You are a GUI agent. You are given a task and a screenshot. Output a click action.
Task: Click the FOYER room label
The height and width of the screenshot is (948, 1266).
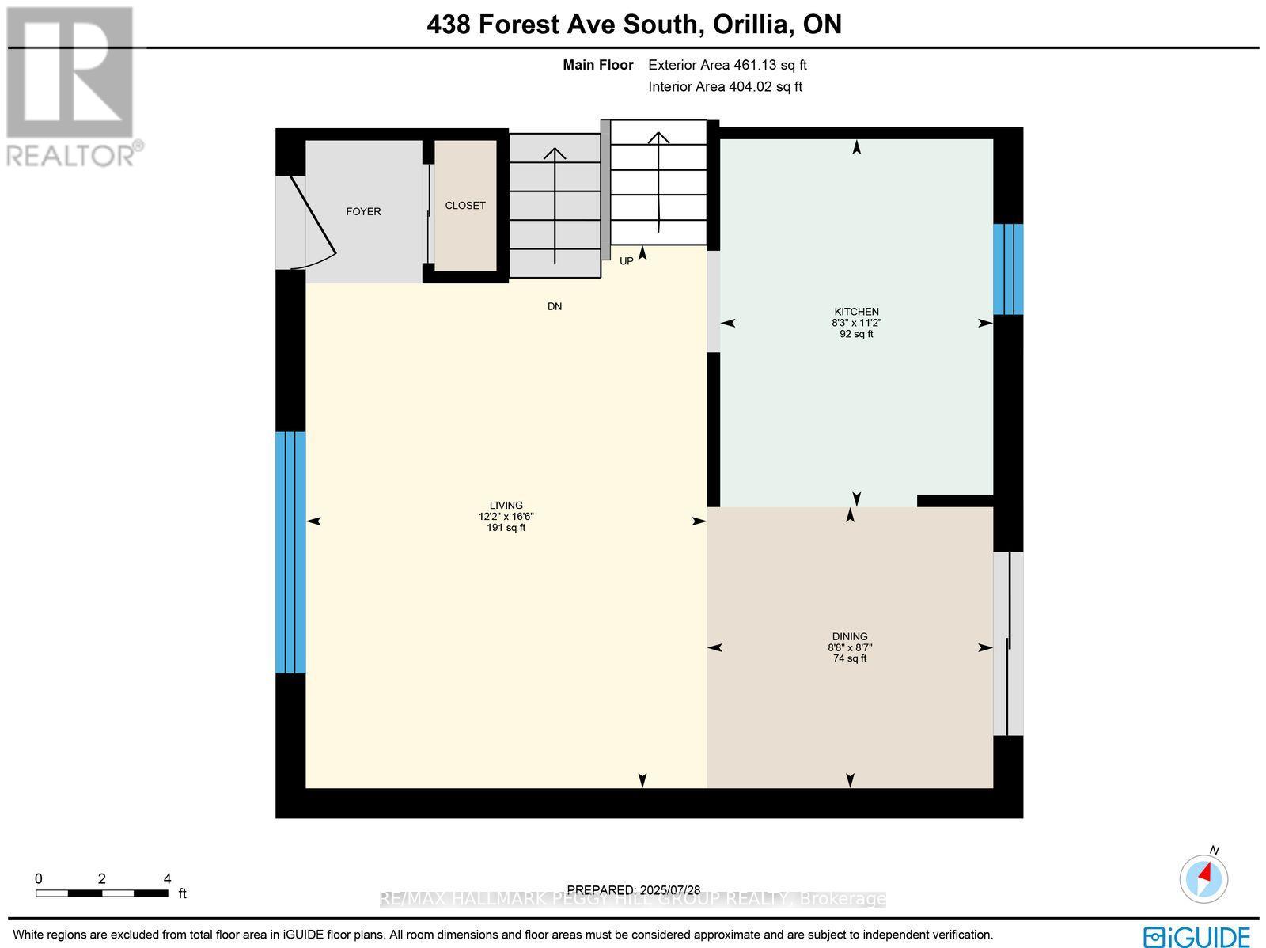363,211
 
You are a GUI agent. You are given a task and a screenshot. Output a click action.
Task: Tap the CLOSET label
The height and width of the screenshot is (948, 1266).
465,205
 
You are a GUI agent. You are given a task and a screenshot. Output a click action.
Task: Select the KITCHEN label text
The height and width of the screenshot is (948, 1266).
856,312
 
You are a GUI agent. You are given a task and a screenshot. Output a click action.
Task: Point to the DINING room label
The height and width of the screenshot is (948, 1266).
850,636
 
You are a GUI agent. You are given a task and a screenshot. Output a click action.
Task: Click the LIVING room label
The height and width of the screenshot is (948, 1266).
506,506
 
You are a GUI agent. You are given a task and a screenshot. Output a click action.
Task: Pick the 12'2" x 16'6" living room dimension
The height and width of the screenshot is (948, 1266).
506,517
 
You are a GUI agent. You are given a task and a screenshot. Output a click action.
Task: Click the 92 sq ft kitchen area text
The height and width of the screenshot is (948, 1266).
856,334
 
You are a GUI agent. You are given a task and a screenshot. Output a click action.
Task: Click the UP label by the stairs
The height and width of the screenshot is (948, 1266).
626,261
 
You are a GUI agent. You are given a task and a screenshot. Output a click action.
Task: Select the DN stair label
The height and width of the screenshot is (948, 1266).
555,306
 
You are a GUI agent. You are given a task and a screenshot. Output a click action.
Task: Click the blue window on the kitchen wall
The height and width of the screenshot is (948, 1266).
1008,269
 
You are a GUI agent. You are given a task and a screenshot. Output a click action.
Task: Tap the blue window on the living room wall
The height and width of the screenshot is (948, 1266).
290,552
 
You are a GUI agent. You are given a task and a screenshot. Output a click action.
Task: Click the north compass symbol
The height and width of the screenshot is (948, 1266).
1204,878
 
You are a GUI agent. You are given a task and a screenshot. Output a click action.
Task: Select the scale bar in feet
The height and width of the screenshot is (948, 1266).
101,893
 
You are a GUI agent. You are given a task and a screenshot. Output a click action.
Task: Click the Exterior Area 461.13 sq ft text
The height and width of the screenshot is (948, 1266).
727,66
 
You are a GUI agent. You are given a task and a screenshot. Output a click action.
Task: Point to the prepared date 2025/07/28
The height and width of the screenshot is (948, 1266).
634,889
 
